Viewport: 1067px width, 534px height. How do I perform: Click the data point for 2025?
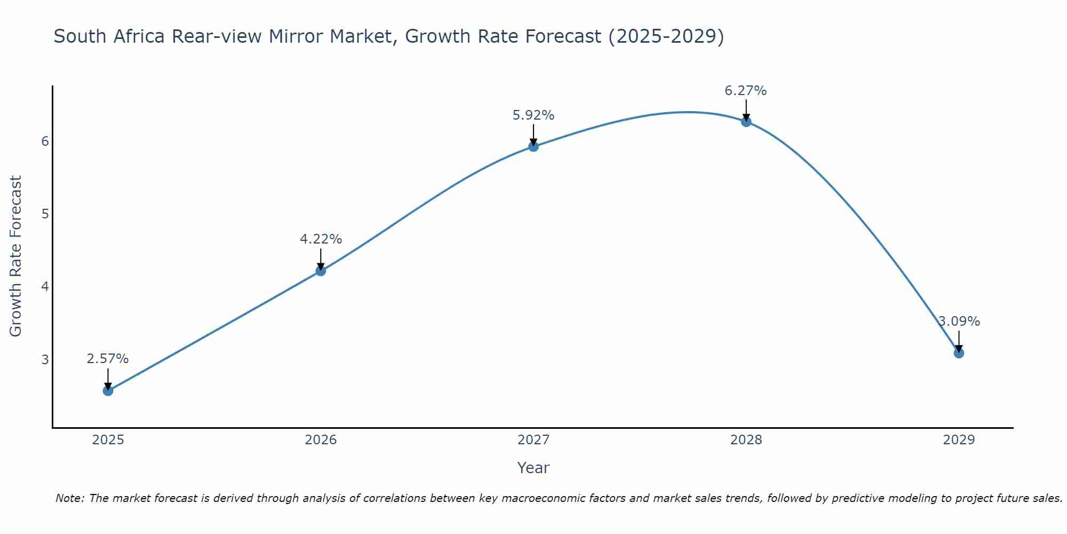pyautogui.click(x=108, y=390)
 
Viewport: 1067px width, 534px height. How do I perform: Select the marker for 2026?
pyautogui.click(x=321, y=271)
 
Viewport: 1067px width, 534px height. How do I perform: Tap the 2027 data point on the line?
pyautogui.click(x=533, y=146)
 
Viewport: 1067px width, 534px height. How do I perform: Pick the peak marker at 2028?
pyautogui.click(x=746, y=122)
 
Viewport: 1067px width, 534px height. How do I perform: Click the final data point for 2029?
pyautogui.click(x=959, y=353)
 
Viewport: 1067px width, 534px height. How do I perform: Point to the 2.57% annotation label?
pyautogui.click(x=108, y=359)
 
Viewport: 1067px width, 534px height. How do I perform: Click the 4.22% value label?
pyautogui.click(x=321, y=239)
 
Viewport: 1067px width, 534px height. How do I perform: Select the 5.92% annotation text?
pyautogui.click(x=533, y=115)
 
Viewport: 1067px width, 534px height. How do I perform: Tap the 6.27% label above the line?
pyautogui.click(x=746, y=91)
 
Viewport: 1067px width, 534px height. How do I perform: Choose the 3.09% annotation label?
pyautogui.click(x=959, y=321)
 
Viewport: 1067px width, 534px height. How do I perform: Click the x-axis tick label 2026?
pyautogui.click(x=321, y=440)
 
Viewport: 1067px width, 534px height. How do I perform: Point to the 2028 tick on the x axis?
pyautogui.click(x=746, y=440)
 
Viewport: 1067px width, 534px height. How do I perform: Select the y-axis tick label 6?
pyautogui.click(x=45, y=141)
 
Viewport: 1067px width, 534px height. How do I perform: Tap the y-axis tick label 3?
pyautogui.click(x=45, y=359)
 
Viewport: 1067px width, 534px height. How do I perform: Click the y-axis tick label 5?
pyautogui.click(x=45, y=214)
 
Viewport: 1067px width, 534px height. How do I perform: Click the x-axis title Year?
pyautogui.click(x=533, y=468)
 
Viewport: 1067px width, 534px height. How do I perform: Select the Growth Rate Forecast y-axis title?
pyautogui.click(x=16, y=256)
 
